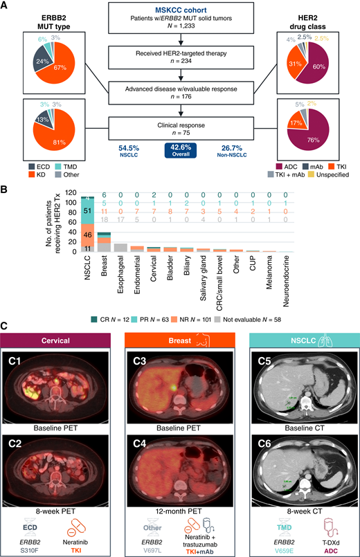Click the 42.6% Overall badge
tap(180, 150)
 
